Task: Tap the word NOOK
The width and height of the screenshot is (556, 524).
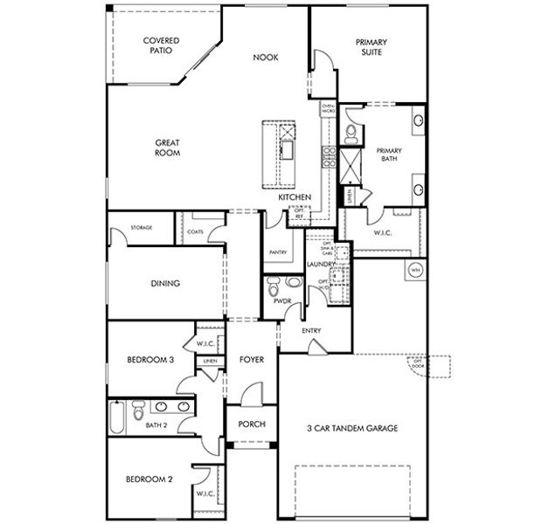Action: click(265, 58)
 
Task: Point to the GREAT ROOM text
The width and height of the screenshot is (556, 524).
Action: click(168, 148)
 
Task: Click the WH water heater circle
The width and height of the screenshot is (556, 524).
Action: click(415, 269)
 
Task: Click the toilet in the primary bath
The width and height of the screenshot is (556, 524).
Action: click(350, 133)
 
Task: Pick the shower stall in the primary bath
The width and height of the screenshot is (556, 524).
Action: click(350, 163)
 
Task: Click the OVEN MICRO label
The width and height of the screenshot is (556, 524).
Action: click(329, 109)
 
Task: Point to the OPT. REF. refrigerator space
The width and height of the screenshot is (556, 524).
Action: click(300, 212)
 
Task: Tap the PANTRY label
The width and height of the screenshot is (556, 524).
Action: click(279, 252)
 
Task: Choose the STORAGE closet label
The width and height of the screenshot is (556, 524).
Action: click(142, 228)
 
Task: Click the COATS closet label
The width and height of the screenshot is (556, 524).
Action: click(196, 231)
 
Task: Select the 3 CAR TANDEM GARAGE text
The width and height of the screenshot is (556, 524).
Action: click(353, 428)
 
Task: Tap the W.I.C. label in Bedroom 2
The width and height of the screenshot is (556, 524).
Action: click(206, 494)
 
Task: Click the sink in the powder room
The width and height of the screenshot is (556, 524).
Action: click(292, 282)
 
